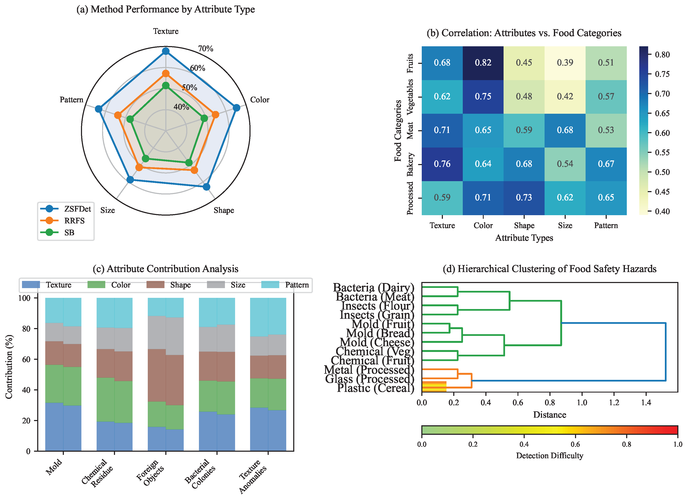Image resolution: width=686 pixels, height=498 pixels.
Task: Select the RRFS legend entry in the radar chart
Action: click(74, 221)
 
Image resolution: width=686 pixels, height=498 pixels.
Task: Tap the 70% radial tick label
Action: click(206, 48)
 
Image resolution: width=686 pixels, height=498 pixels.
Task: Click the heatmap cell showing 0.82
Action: click(483, 63)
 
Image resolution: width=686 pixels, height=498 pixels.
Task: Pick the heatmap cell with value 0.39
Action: click(565, 63)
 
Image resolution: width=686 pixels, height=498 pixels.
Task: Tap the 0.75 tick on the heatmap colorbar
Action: click(662, 74)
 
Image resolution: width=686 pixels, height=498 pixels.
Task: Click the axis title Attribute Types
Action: click(524, 238)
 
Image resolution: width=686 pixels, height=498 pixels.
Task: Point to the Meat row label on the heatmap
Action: click(410, 131)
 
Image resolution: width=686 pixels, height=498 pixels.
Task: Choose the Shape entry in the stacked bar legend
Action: click(180, 285)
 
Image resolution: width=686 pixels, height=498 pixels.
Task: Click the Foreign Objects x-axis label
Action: click(151, 472)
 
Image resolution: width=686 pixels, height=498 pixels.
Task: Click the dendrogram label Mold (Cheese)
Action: click(377, 342)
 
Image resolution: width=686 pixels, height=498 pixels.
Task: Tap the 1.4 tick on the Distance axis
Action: click(646, 402)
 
